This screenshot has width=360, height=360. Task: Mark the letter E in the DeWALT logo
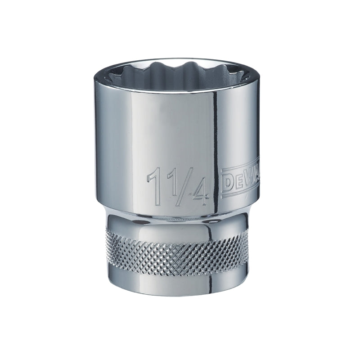237,181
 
